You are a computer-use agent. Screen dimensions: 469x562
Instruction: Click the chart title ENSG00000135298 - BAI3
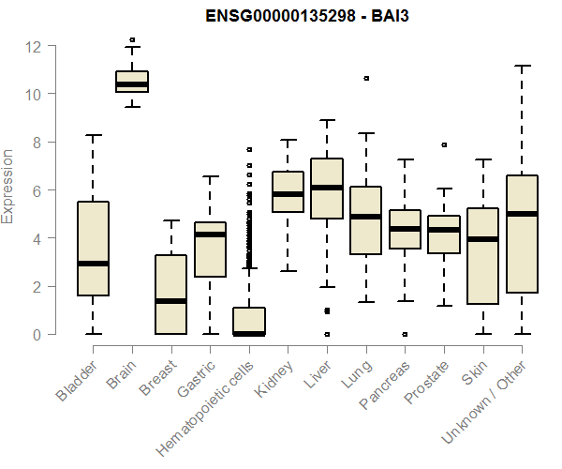pos(308,16)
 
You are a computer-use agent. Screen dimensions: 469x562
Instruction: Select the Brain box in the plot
pos(132,82)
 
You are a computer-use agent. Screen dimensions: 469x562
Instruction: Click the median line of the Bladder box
pos(93,264)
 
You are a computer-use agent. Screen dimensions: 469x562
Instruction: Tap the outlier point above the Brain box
pos(132,40)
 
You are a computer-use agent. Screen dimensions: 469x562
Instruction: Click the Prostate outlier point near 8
pos(444,144)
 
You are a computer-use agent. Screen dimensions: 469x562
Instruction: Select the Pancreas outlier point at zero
pos(405,334)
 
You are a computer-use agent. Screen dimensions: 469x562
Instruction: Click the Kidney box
pos(288,192)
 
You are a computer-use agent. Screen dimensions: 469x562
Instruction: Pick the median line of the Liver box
pos(327,188)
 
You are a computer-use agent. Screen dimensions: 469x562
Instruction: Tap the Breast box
pos(170,295)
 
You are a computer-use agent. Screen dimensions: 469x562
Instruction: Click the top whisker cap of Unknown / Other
pos(522,66)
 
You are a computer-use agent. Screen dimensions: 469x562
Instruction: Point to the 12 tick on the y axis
pos(56,46)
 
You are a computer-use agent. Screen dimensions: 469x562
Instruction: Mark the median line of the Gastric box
pos(210,234)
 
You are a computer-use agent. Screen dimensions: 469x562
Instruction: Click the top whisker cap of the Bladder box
pos(93,135)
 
